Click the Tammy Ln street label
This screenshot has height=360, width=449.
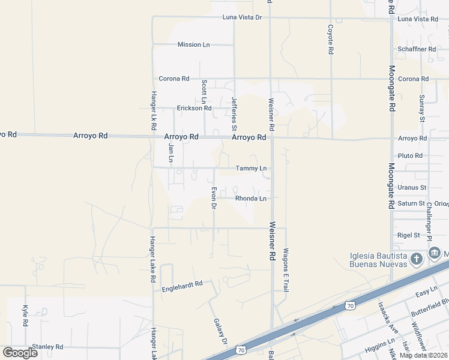coord(251,169)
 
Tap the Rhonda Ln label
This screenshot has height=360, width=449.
coord(251,199)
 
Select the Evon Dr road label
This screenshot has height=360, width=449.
coord(213,198)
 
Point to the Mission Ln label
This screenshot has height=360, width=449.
coord(194,45)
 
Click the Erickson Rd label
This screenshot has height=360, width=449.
coord(194,109)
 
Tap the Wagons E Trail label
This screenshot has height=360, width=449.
coord(286,269)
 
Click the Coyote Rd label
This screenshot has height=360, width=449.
coord(330,40)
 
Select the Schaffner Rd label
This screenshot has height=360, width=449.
coord(416,49)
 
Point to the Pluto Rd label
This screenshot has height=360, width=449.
coord(411,156)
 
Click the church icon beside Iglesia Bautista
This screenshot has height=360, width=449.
coord(416,259)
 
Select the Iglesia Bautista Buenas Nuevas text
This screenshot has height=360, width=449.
coord(379,260)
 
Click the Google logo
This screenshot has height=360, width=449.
coord(20,353)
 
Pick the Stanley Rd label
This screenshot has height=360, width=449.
coord(47,347)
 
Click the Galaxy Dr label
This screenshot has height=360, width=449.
coord(221,331)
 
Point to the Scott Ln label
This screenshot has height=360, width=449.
coord(204,92)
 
